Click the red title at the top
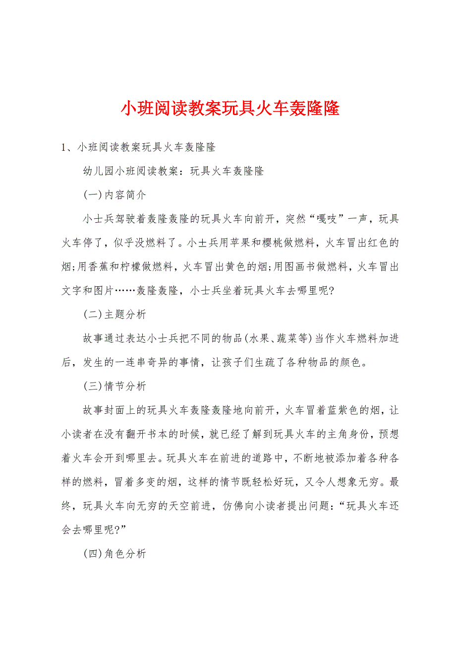[230, 108]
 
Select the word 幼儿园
[99, 172]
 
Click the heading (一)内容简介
[114, 195]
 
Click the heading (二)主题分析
[114, 315]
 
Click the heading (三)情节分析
[114, 386]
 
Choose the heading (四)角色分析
[114, 553]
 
